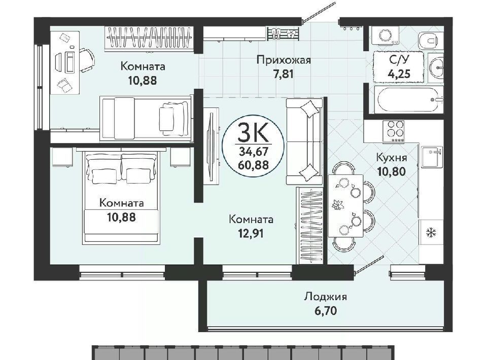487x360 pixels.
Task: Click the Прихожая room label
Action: pos(284,60)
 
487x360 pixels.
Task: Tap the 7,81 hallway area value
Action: pos(283,75)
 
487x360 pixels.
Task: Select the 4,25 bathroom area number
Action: pos(399,74)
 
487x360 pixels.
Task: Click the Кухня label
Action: pos(391,157)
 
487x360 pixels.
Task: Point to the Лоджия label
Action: pos(325,297)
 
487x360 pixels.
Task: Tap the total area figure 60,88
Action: pos(253,165)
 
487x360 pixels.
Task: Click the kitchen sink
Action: pos(432,157)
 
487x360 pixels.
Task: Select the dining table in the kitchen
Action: pos(345,206)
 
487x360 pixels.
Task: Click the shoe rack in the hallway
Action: pos(283,33)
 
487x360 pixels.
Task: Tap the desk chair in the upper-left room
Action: pos(86,60)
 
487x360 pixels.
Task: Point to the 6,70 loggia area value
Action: pos(325,311)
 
